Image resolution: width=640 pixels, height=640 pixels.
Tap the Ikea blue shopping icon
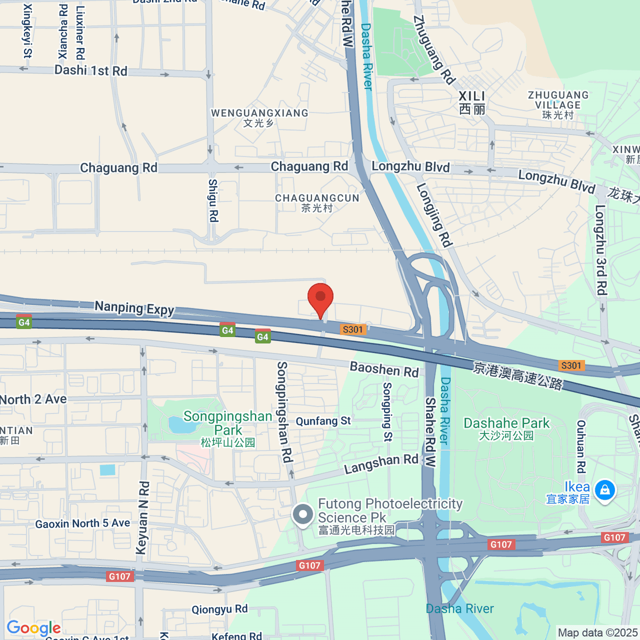(x=605, y=490)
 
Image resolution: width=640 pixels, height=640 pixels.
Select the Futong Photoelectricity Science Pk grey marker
(x=303, y=515)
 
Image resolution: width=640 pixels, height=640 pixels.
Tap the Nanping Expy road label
(x=134, y=308)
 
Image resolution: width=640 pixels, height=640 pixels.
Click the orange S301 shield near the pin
(x=353, y=330)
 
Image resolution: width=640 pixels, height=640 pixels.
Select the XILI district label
(x=472, y=102)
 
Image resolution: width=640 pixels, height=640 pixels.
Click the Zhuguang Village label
(x=558, y=105)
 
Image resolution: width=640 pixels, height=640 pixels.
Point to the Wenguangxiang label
(x=260, y=117)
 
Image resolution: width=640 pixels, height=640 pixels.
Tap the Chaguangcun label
(x=317, y=203)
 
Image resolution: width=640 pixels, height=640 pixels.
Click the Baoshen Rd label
(x=384, y=369)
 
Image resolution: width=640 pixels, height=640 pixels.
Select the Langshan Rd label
(x=381, y=463)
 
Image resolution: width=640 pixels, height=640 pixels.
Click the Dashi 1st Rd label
(x=91, y=70)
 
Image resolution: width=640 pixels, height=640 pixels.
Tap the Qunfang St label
(x=323, y=421)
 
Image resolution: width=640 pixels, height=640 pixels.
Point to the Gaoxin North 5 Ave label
(x=83, y=524)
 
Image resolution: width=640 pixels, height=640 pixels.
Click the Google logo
(x=34, y=628)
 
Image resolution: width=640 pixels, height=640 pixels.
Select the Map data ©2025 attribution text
(x=597, y=633)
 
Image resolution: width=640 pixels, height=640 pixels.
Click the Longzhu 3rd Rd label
(x=601, y=250)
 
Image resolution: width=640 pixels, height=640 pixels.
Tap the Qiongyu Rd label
(x=220, y=609)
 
